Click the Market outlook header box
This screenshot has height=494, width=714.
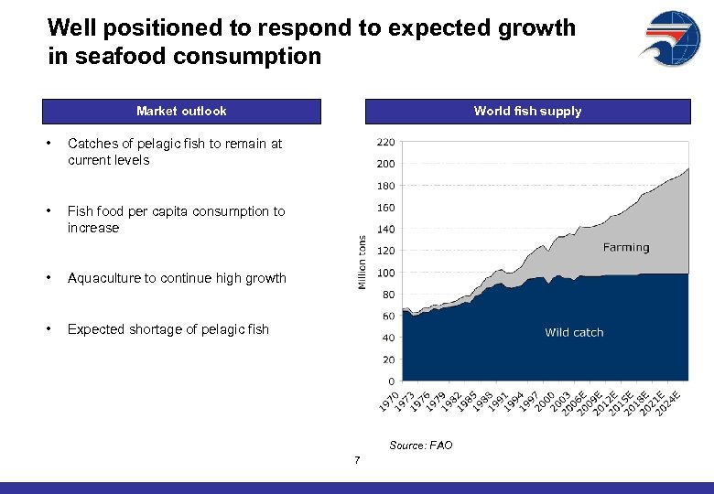tap(181, 112)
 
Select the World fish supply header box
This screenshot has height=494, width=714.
tap(527, 112)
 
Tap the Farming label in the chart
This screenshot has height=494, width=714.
tap(626, 247)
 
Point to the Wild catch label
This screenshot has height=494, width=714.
tap(574, 332)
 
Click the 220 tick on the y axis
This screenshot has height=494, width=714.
tap(385, 142)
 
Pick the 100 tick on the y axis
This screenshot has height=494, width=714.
tap(385, 273)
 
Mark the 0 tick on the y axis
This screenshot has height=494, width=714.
tap(392, 381)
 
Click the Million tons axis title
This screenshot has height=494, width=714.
tap(362, 263)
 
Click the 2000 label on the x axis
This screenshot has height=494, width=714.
tap(544, 400)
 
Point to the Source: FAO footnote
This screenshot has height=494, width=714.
tap(421, 446)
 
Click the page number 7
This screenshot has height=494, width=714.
tap(357, 459)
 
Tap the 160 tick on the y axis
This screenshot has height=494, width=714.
tap(385, 208)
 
